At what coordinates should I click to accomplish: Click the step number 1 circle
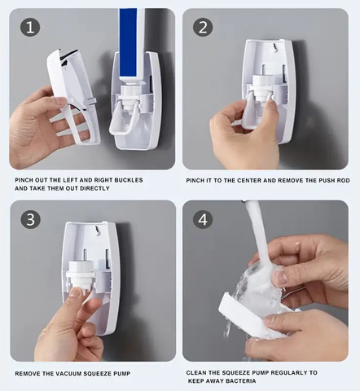tap(30, 28)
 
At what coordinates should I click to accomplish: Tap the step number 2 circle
tap(203, 28)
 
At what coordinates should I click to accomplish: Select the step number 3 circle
tap(31, 219)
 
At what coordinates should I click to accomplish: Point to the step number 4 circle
tap(203, 219)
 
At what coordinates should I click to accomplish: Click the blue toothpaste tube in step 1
tap(132, 45)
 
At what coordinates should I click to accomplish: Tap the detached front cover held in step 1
tap(73, 95)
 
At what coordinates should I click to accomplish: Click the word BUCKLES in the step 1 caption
tap(129, 180)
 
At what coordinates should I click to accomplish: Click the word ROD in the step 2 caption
tap(343, 181)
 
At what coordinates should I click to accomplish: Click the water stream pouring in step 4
tap(258, 244)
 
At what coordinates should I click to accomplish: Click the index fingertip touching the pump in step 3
tap(77, 292)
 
